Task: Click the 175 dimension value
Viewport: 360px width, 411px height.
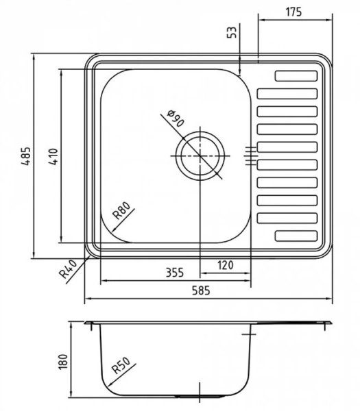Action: [293, 12]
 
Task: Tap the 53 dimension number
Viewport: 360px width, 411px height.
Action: [232, 32]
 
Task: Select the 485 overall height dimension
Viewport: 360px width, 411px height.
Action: [26, 156]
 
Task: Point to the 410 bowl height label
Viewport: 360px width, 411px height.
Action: [53, 156]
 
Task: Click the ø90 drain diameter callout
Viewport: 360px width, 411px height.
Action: [176, 118]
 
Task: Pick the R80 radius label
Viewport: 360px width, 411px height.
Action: [121, 211]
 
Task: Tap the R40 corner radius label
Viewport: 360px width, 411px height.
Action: [68, 269]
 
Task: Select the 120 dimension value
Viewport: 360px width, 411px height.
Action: [226, 265]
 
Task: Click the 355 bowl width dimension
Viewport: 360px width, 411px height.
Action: [175, 273]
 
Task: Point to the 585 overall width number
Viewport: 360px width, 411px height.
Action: [201, 290]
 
